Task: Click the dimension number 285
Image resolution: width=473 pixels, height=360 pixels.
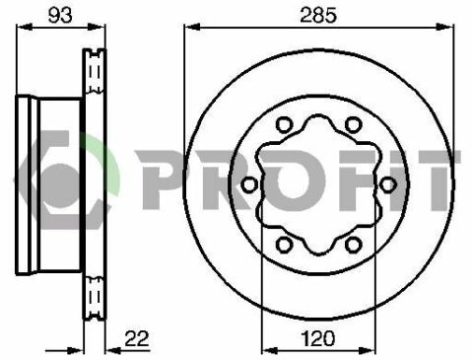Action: [x=318, y=15]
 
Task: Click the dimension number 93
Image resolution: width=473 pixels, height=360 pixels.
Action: [x=60, y=15]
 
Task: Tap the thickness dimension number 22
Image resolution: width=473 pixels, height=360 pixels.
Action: [x=137, y=338]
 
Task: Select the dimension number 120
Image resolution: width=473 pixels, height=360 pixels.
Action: [x=318, y=338]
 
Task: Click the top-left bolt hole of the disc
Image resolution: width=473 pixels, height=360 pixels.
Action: [x=284, y=124]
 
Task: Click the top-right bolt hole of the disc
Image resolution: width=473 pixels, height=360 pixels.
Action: [x=354, y=124]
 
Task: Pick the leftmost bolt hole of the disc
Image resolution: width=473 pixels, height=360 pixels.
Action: [x=249, y=184]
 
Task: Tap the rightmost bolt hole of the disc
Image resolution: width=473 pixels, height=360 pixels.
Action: [x=387, y=184]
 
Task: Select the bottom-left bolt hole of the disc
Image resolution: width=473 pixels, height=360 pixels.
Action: [x=284, y=245]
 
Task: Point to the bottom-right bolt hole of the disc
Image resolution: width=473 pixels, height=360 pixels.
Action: [x=354, y=245]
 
